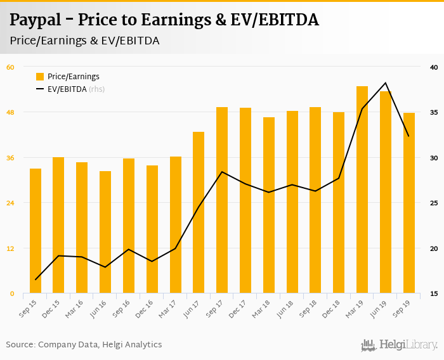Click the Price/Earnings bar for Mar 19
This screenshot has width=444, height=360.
pos(362,190)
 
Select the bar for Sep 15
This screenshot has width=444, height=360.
pos(36,231)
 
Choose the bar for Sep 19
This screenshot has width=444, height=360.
pos(409,203)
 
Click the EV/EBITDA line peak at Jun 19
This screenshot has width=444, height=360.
pos(386,83)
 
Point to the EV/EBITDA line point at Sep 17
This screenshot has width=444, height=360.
pos(222,172)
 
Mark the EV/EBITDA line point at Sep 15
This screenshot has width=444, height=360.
pos(36,280)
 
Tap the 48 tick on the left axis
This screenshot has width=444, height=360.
pos(10,112)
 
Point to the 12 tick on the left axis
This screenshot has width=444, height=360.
pos(10,248)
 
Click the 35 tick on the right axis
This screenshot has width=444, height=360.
pos(434,112)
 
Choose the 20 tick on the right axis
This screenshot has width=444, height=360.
pos(434,248)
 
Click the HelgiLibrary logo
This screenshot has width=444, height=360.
pos(400,345)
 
